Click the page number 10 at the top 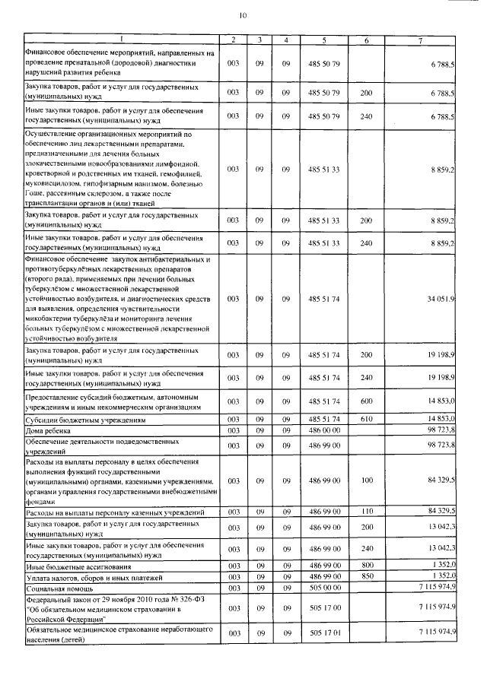pos(243,14)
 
